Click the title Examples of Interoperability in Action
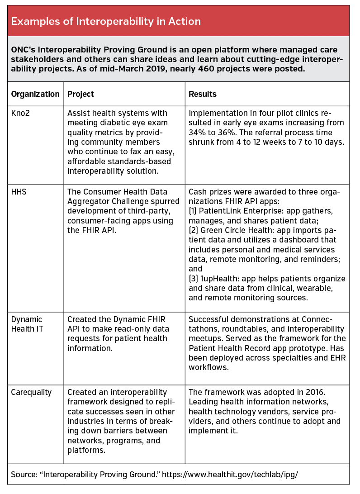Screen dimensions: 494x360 tap(106, 21)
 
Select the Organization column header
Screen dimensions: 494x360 tap(35, 94)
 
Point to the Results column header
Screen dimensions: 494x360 tap(202, 94)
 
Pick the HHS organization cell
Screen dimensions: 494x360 tap(19, 191)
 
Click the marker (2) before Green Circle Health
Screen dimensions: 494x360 tap(194, 230)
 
